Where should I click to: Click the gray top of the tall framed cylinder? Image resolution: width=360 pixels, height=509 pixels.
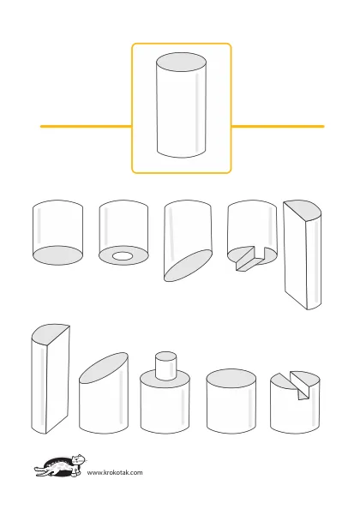click(181, 62)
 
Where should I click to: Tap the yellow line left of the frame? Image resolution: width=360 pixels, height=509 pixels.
click(86, 126)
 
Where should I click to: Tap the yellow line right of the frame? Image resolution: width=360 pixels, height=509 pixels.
click(278, 126)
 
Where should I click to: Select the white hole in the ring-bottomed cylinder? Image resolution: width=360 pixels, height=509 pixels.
click(123, 256)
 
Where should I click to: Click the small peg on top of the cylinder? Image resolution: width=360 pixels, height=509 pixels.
click(166, 366)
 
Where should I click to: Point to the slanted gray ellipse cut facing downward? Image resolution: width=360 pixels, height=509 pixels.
click(188, 265)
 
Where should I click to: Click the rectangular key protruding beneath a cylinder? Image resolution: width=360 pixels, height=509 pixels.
click(251, 259)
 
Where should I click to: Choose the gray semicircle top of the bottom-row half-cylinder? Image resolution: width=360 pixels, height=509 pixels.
click(50, 333)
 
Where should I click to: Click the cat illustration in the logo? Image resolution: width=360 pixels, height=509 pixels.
click(60, 465)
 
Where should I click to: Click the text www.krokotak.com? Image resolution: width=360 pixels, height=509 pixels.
click(115, 472)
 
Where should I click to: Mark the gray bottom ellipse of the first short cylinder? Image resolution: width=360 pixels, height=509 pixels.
click(57, 255)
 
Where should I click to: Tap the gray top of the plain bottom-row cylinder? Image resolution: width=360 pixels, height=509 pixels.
click(231, 379)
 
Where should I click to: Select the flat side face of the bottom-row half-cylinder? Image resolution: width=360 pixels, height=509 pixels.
click(57, 380)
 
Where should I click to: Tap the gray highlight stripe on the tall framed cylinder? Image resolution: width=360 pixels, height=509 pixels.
click(197, 114)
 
